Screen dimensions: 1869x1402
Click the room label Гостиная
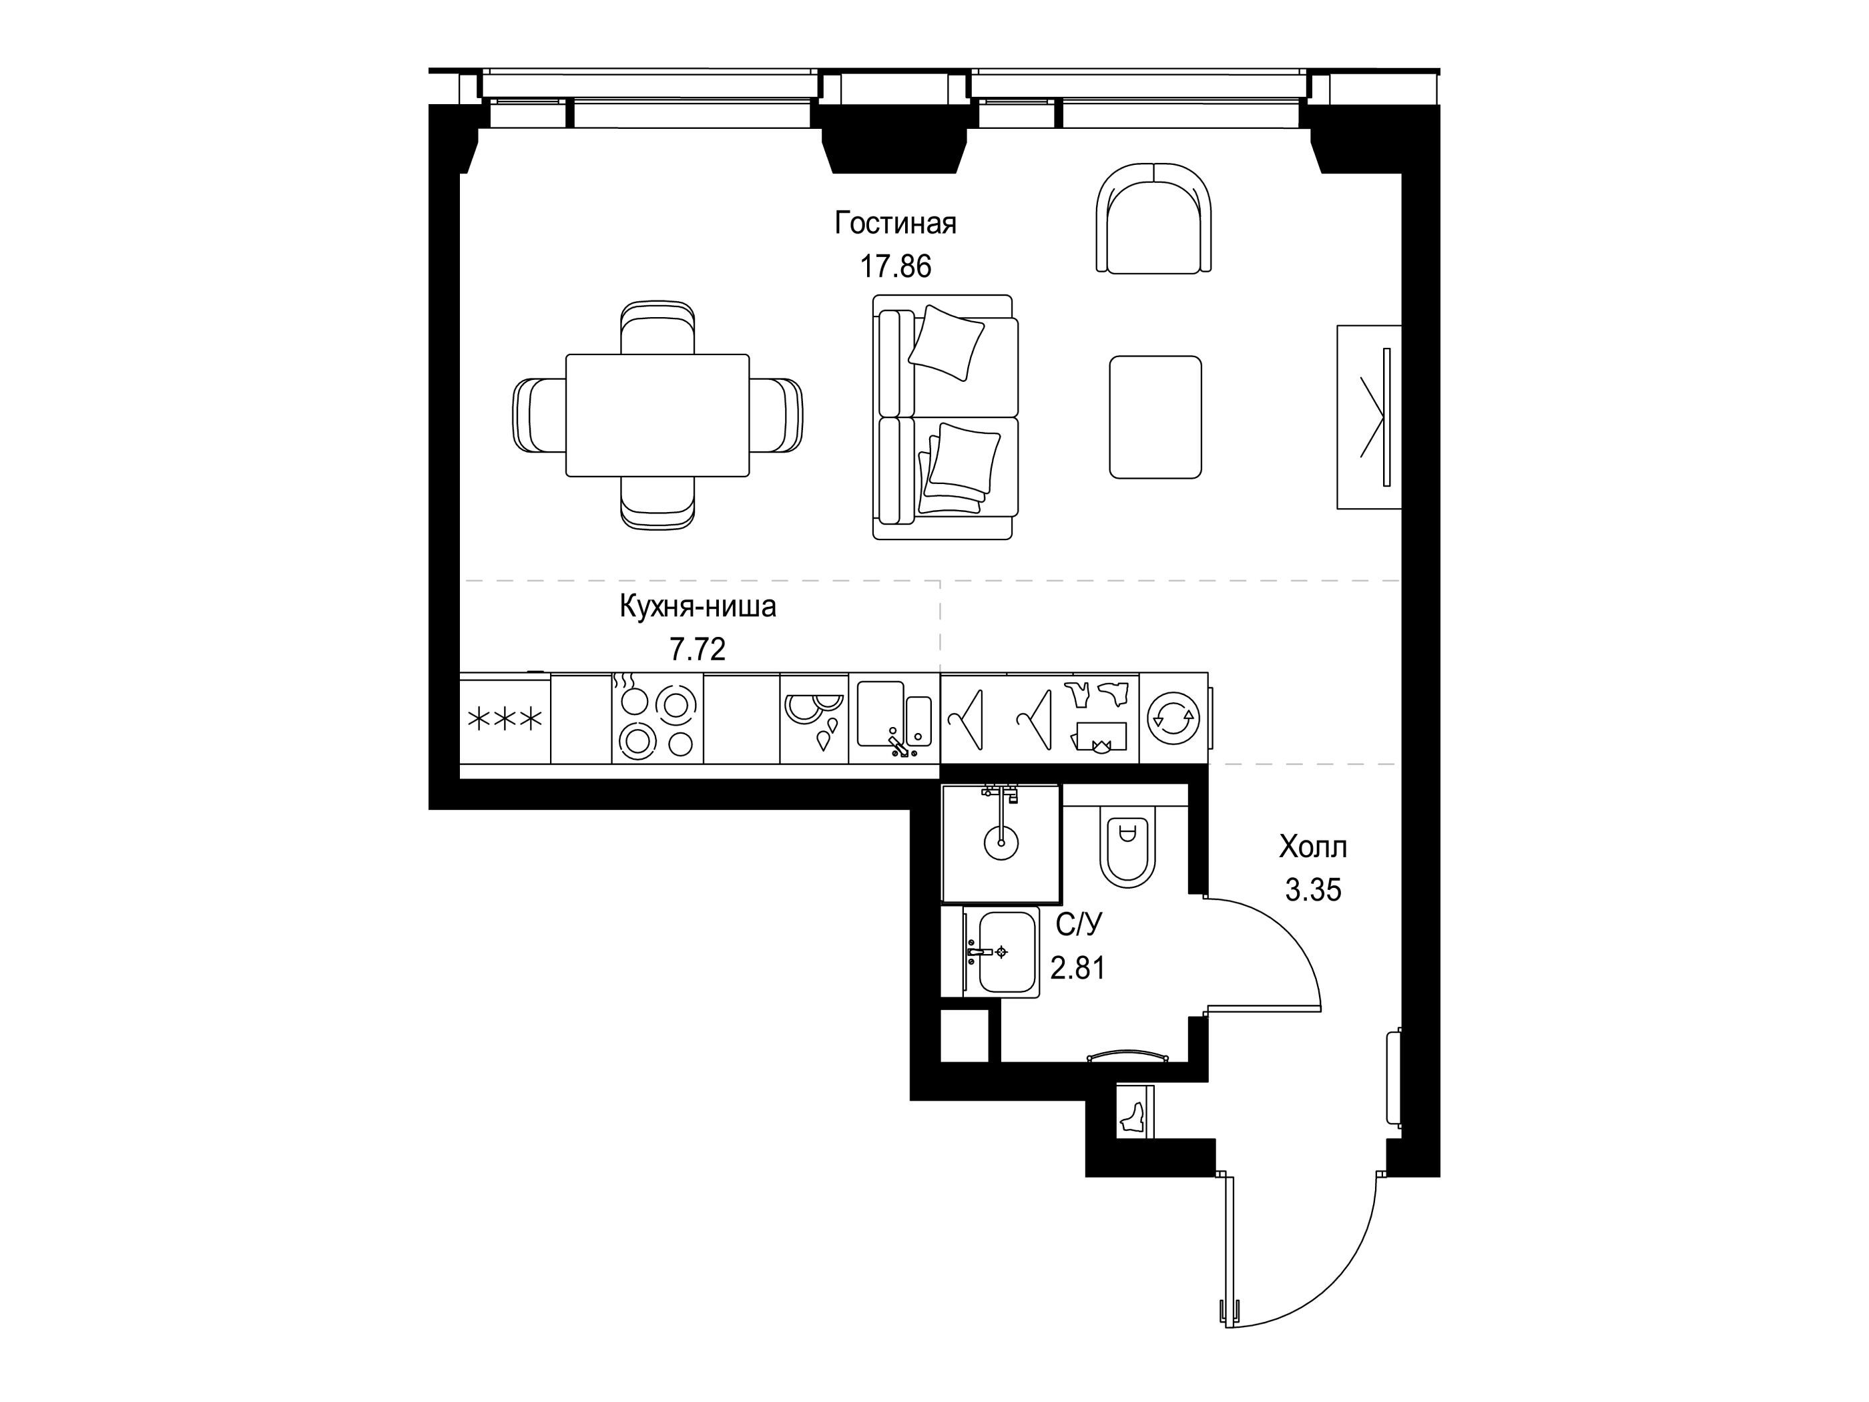(x=895, y=224)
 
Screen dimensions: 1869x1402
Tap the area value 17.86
(x=895, y=266)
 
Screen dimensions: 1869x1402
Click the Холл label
(x=1313, y=846)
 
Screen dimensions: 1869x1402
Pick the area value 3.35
(x=1313, y=890)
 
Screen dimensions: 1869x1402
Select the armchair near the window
(x=1153, y=218)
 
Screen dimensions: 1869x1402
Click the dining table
(x=657, y=415)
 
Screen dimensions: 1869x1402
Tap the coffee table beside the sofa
(x=1155, y=417)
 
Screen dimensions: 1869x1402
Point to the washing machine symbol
(x=1173, y=718)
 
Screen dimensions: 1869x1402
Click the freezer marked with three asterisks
(x=505, y=719)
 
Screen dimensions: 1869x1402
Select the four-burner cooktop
(x=657, y=719)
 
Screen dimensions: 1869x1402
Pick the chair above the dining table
(x=657, y=328)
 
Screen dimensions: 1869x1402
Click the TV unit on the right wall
(x=1369, y=417)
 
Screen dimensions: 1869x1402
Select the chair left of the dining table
(x=540, y=415)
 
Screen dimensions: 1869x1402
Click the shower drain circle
(x=1001, y=842)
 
